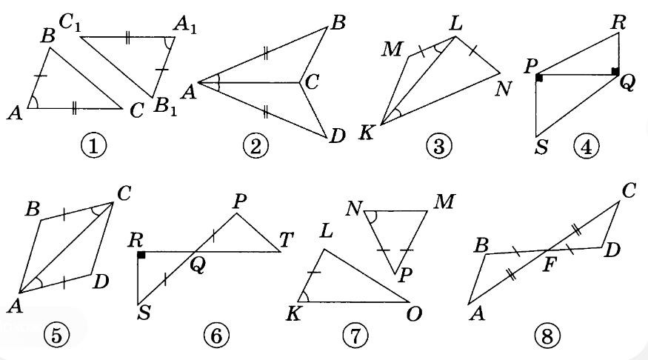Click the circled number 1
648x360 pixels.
(x=93, y=146)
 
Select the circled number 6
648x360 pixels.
(x=216, y=336)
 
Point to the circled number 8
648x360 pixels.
(x=547, y=336)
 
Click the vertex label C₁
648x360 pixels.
(x=70, y=22)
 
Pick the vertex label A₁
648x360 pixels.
(x=185, y=24)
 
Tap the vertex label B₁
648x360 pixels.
(x=165, y=107)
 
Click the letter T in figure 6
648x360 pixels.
(x=286, y=240)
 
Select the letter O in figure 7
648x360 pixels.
(x=414, y=315)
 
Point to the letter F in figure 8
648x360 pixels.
(x=549, y=264)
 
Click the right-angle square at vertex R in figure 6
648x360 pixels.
(x=141, y=255)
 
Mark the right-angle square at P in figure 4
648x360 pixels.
(x=539, y=78)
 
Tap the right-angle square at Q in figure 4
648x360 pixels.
(x=615, y=72)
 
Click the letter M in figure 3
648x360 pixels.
(x=391, y=50)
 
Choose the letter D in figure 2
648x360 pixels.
(x=337, y=136)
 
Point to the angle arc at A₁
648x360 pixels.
(x=168, y=43)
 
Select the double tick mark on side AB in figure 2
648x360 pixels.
(x=265, y=53)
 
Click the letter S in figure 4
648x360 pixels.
(x=541, y=147)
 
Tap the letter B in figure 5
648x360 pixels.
(x=33, y=210)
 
